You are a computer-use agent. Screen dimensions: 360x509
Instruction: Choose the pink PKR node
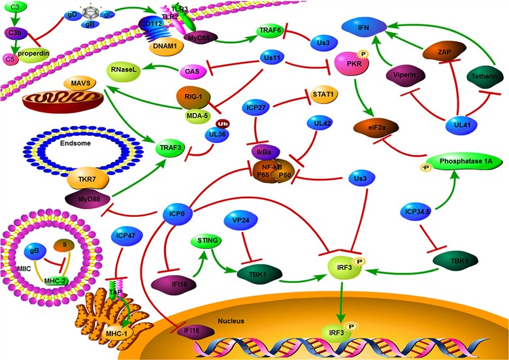pos(352,65)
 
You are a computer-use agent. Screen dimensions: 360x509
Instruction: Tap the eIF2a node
pos(375,128)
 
